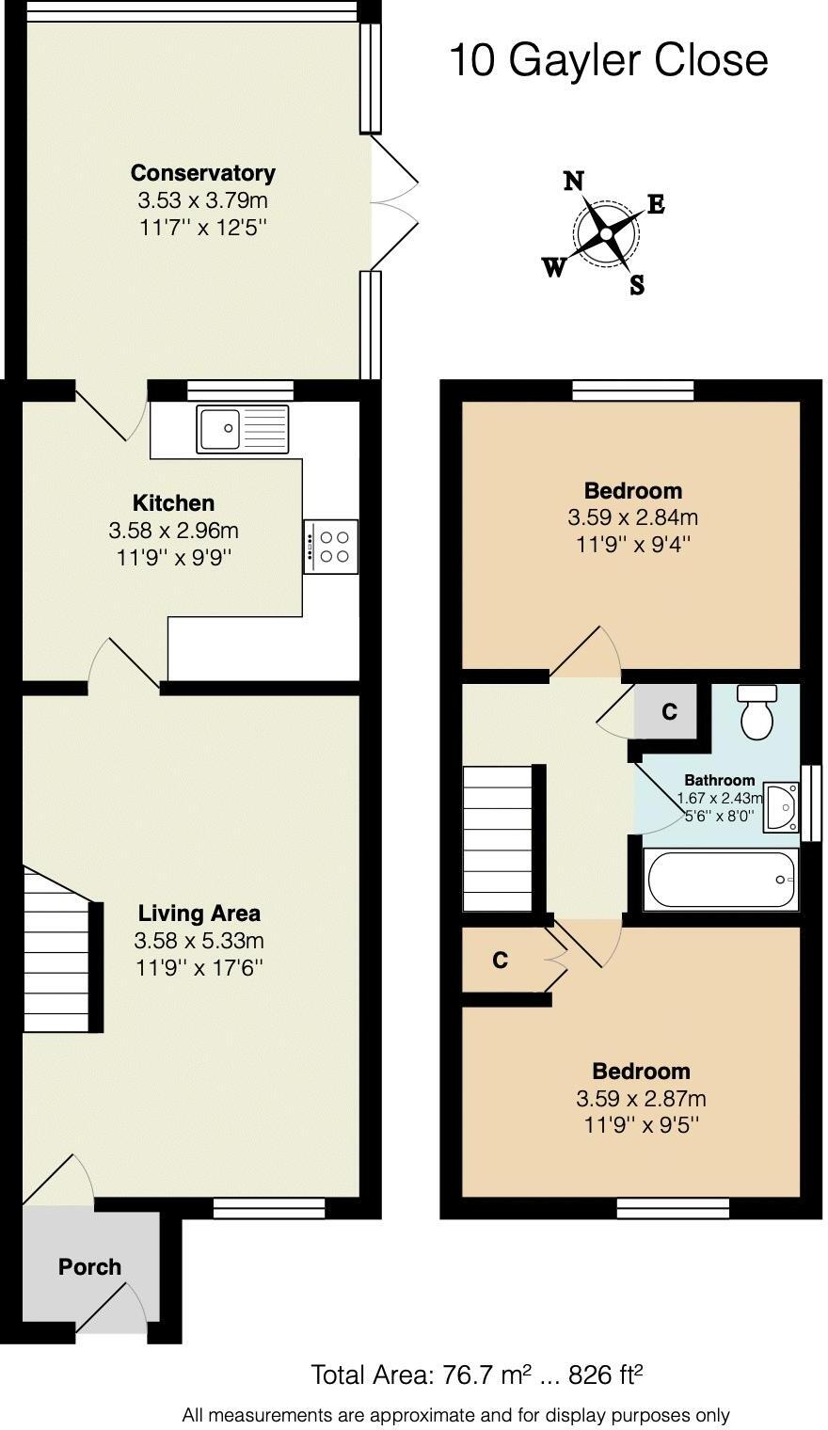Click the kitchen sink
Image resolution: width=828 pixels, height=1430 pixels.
click(x=243, y=429)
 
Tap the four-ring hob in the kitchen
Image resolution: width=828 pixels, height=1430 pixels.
click(x=331, y=547)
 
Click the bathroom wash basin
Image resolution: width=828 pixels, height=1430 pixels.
click(x=779, y=806)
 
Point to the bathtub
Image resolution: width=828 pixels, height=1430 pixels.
click(x=720, y=879)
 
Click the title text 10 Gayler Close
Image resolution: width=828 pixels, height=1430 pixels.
click(x=608, y=60)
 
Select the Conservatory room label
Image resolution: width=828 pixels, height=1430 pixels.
click(x=202, y=173)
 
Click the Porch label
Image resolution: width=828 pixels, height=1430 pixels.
click(x=89, y=1267)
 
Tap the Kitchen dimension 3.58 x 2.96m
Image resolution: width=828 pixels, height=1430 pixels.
click(x=173, y=531)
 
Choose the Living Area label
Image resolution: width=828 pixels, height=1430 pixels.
click(x=199, y=913)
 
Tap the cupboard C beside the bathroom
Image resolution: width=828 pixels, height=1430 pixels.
click(x=668, y=712)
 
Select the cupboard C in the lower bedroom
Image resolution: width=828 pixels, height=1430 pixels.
click(x=501, y=961)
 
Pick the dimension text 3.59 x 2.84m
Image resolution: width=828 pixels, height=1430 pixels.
click(x=632, y=517)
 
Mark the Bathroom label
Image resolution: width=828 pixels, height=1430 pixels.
click(x=719, y=780)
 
